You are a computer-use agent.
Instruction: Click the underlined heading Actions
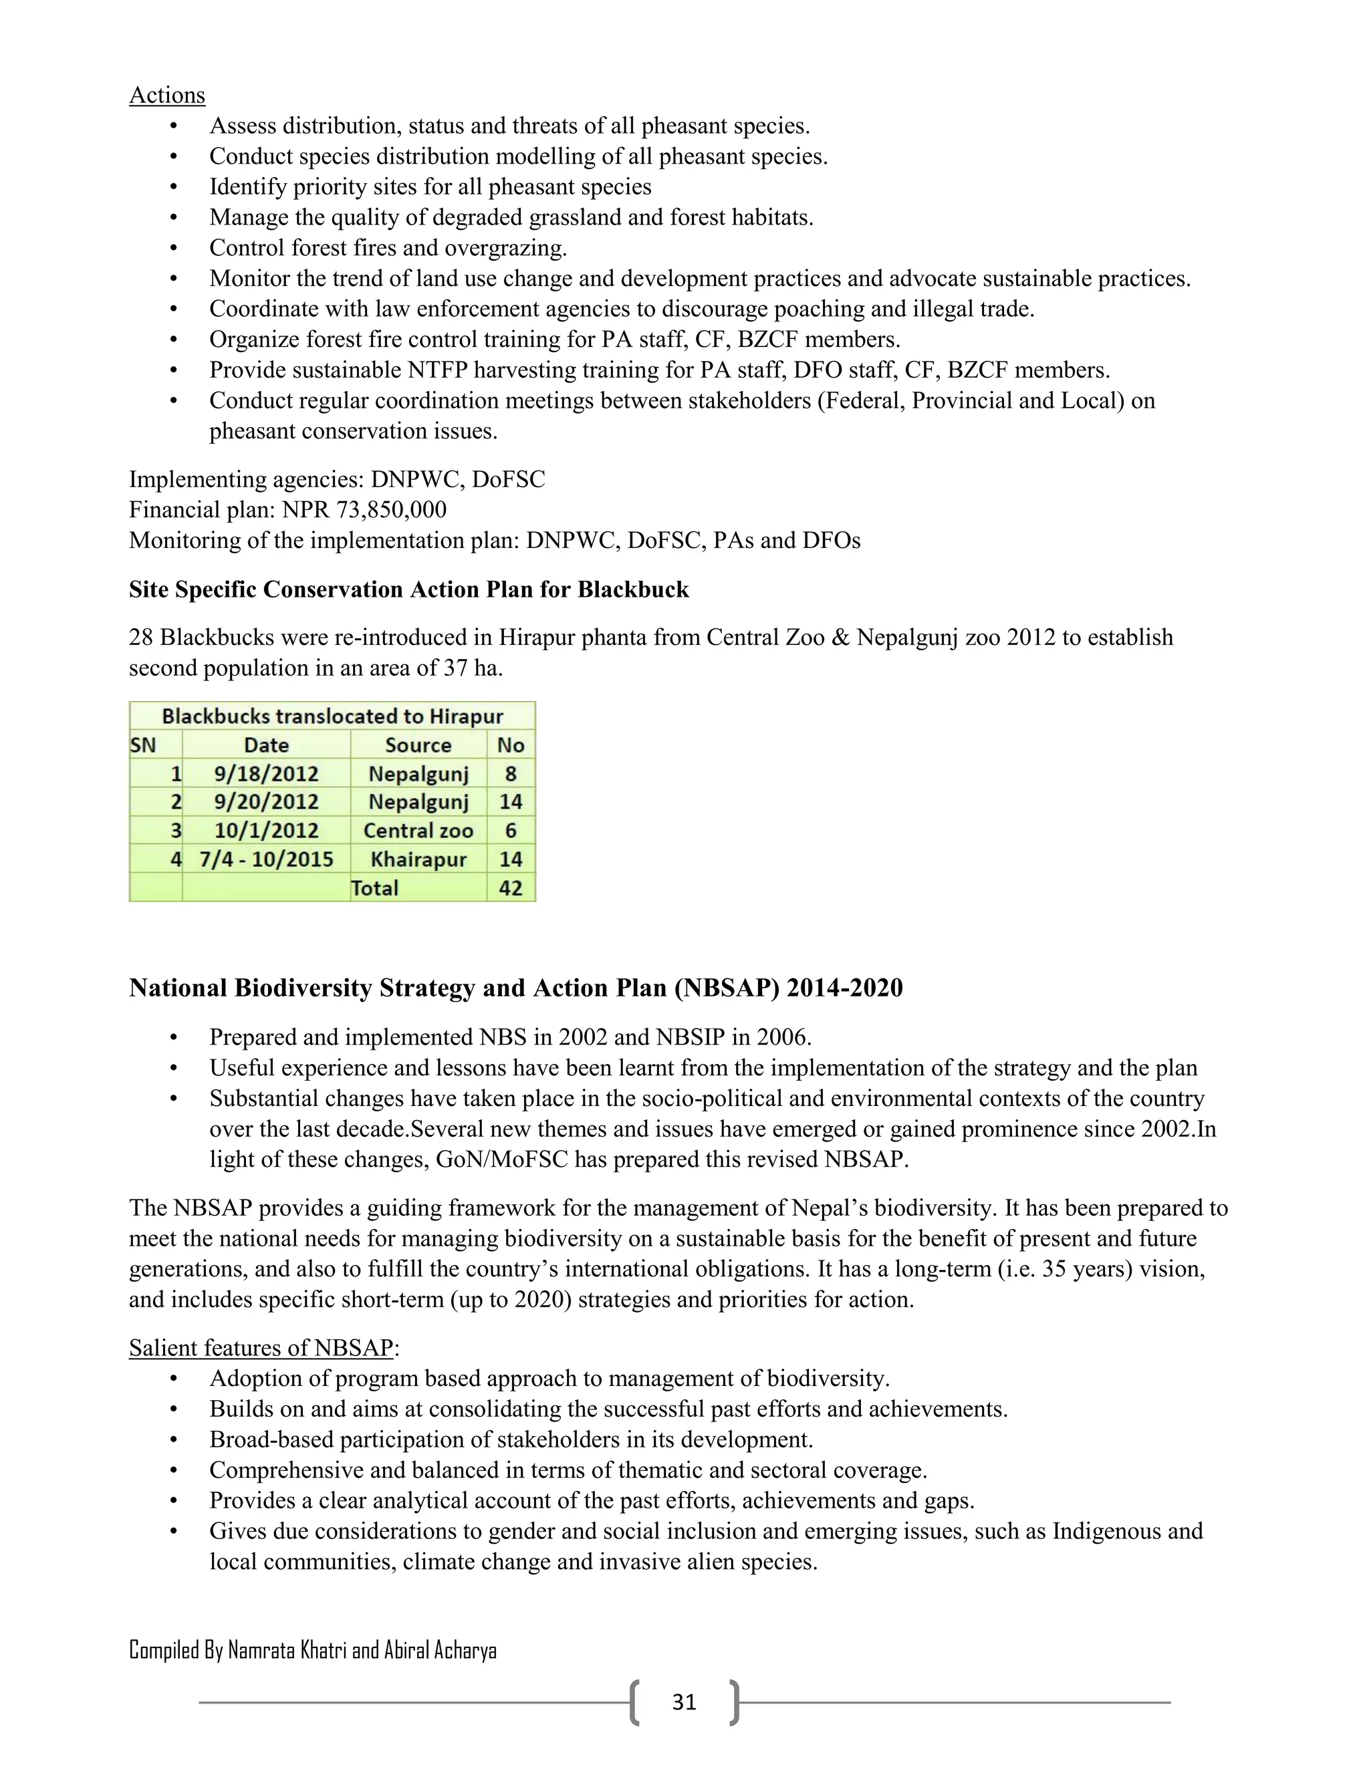tap(167, 95)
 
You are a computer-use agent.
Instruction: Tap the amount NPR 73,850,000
tap(364, 509)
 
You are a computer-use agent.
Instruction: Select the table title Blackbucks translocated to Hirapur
tap(332, 716)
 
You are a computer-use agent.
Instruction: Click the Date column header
tap(266, 744)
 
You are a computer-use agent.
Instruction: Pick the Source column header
tap(418, 744)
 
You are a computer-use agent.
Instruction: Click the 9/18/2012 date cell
tap(266, 774)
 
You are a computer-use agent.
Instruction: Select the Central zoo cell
tap(418, 830)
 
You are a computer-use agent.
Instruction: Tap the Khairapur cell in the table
tap(418, 859)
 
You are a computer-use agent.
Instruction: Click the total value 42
tap(510, 888)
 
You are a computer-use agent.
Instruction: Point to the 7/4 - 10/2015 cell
tap(266, 859)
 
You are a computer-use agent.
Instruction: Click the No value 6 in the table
tap(510, 830)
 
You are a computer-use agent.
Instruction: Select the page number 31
tap(684, 1702)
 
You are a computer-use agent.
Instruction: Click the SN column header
tap(143, 744)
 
